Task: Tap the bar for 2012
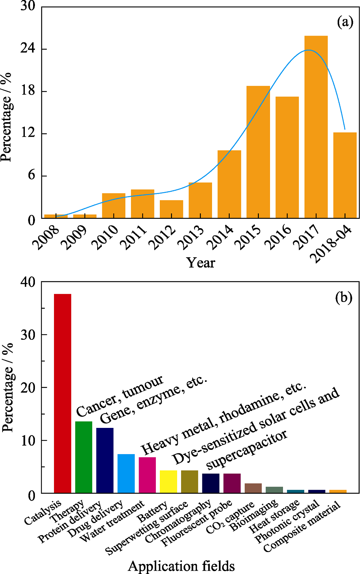171,209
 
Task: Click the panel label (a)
345,22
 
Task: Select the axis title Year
201,262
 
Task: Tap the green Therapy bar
84,457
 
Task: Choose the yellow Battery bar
168,482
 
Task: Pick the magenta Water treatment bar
147,475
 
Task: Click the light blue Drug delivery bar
126,474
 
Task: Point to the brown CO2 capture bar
253,488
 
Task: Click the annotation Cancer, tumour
120,395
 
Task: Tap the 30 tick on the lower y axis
28,335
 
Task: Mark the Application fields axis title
181,566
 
